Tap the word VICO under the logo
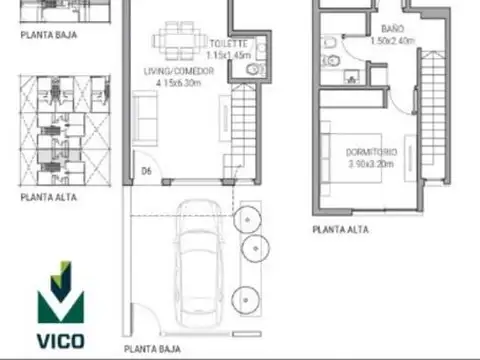pos(60,340)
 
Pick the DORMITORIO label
pos(372,151)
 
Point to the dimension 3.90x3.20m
pos(372,163)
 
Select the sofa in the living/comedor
pos(146,119)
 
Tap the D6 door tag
pos(146,171)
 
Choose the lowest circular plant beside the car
pos(247,297)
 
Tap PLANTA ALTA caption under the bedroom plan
pos(340,229)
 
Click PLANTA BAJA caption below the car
pos(152,349)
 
